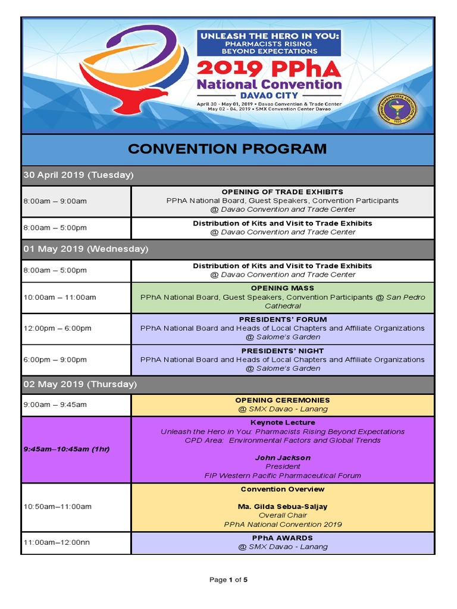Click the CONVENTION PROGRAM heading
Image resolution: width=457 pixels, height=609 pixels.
(x=227, y=149)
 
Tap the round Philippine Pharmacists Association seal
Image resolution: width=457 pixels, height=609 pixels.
(x=398, y=109)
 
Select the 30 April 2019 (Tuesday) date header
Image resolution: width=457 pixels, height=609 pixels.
(x=78, y=175)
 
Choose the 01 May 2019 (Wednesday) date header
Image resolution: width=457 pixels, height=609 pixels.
(x=86, y=249)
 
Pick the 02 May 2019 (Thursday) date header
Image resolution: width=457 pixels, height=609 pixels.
(x=80, y=384)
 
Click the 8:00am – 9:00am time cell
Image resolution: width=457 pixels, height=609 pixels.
(x=55, y=201)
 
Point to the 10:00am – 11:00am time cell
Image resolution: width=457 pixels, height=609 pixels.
(x=60, y=297)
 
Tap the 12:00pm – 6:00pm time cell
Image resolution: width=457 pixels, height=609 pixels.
(x=57, y=328)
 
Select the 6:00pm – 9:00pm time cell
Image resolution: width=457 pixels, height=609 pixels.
(x=55, y=360)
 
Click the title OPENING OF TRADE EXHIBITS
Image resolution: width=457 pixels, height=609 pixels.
(x=282, y=192)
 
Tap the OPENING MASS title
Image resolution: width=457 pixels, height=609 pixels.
(x=282, y=288)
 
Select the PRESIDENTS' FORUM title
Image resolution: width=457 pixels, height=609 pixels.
(x=282, y=319)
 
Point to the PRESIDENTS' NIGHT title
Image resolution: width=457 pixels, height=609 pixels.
(x=282, y=351)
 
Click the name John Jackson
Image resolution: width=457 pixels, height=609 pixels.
(x=282, y=458)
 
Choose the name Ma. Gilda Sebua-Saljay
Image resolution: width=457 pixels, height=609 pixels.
(x=282, y=507)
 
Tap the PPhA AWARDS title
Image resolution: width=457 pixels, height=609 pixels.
(x=282, y=538)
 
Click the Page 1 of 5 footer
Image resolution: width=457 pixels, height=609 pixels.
(x=228, y=580)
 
